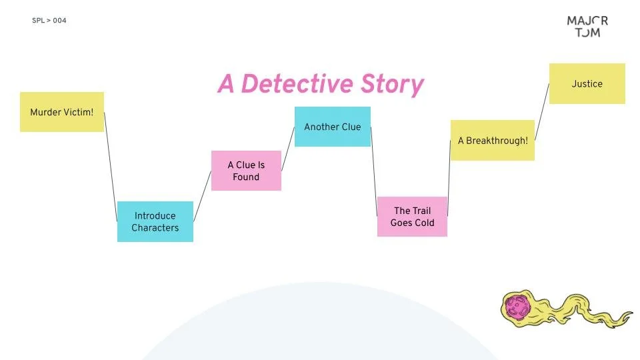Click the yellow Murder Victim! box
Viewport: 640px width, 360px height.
[62, 112]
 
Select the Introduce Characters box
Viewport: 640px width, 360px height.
[155, 221]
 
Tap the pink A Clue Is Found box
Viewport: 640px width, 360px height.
[246, 171]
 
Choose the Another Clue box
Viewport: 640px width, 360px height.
[333, 127]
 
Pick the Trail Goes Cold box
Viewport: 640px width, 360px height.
[412, 217]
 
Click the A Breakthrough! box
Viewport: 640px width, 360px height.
[493, 141]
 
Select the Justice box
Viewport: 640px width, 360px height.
[587, 84]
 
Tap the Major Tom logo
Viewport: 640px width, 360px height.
[587, 26]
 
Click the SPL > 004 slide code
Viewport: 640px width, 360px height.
[49, 21]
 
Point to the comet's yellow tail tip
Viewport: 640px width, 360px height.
[628, 314]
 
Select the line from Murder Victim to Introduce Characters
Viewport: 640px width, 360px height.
[111, 157]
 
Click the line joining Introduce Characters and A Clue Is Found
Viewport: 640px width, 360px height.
[202, 197]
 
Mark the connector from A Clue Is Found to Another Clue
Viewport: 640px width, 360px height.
[288, 149]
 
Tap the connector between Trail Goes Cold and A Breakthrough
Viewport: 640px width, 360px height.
[449, 178]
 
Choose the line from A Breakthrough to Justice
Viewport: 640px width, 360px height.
[542, 112]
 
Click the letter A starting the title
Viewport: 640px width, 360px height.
[227, 85]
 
